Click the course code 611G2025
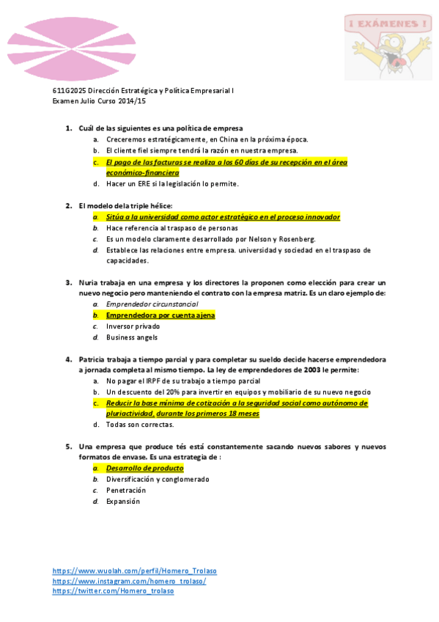pyautogui.click(x=70, y=91)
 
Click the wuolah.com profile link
pyautogui.click(x=134, y=571)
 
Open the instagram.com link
pyautogui.click(x=129, y=581)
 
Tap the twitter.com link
pyautogui.click(x=113, y=591)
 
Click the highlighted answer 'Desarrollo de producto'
pyautogui.click(x=144, y=468)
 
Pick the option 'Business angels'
pyautogui.click(x=131, y=337)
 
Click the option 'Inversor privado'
pyautogui.click(x=133, y=326)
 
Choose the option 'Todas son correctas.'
pyautogui.click(x=139, y=425)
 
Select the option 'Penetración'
pyautogui.click(x=126, y=490)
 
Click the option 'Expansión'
pyautogui.click(x=122, y=502)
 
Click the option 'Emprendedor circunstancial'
pyautogui.click(x=152, y=304)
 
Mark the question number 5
pyautogui.click(x=69, y=447)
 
